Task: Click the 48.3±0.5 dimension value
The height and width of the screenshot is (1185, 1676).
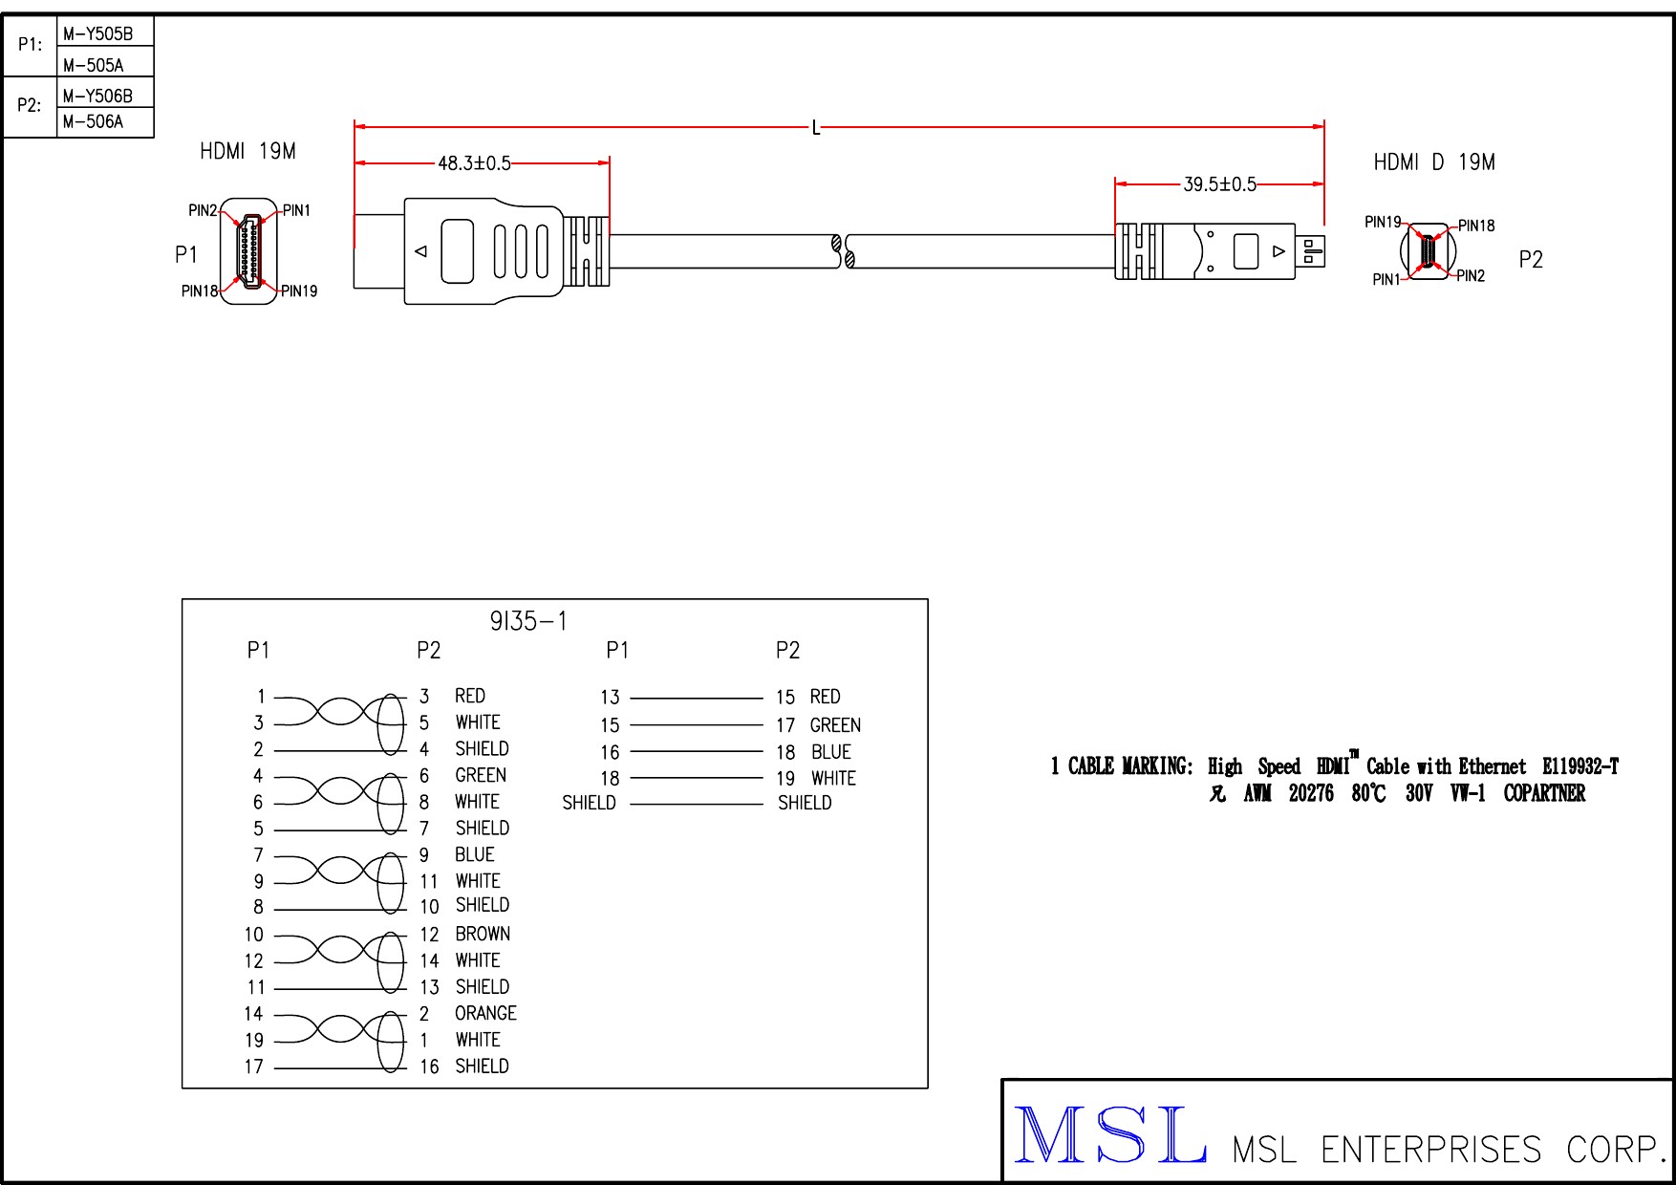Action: [x=474, y=163]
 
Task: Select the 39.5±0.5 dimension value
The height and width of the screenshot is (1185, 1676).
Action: [x=1219, y=184]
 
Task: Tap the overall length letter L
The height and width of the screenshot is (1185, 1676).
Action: [x=815, y=128]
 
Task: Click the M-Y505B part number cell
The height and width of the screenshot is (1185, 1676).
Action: [x=97, y=34]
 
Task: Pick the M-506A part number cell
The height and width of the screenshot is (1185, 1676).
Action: [x=93, y=121]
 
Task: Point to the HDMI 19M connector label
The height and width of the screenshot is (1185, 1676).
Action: [x=247, y=151]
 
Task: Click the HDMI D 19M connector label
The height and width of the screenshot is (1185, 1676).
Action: [x=1433, y=162]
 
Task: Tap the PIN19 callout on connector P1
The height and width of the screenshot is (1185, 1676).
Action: [x=299, y=291]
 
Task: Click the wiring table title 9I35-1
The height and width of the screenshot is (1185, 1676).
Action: [x=528, y=621]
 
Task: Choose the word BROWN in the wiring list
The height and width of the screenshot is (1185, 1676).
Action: [x=483, y=934]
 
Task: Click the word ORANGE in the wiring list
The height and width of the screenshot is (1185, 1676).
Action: [x=485, y=1013]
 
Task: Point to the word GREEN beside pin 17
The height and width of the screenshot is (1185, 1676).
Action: [x=835, y=725]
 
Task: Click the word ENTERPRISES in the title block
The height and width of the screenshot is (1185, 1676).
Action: [x=1430, y=1150]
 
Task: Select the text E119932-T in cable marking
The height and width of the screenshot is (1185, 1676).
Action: [x=1579, y=766]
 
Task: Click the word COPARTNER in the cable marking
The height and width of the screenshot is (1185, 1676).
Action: [x=1544, y=793]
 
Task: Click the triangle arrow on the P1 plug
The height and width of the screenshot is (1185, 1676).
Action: [x=420, y=251]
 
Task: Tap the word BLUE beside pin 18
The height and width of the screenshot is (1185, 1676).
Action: [x=830, y=752]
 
